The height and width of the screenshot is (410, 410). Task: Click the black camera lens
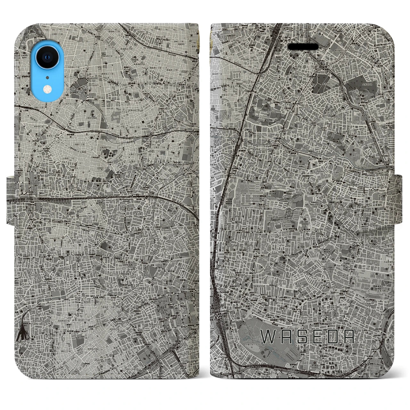tap(47, 57)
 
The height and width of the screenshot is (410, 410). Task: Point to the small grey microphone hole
tap(47, 77)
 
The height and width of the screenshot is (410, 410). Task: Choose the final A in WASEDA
tap(348, 336)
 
